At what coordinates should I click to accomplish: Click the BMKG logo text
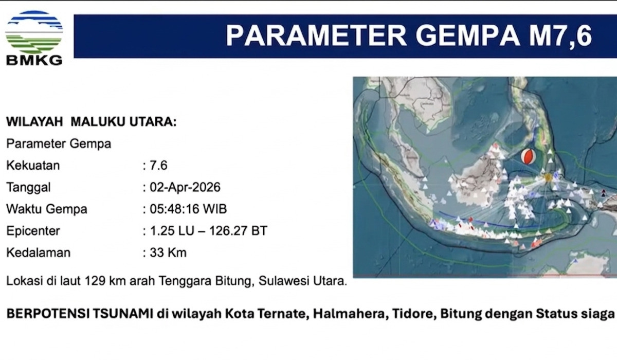[x=34, y=60]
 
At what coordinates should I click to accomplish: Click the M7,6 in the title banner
[x=555, y=36]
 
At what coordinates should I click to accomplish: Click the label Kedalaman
[x=38, y=253]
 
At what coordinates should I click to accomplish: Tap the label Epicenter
[x=33, y=231]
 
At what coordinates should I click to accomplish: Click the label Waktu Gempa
[x=46, y=209]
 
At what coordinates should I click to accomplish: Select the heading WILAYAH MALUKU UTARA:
[x=91, y=122]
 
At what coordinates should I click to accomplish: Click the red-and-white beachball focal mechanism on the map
[x=528, y=156]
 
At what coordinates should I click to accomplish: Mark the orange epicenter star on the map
[x=548, y=177]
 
